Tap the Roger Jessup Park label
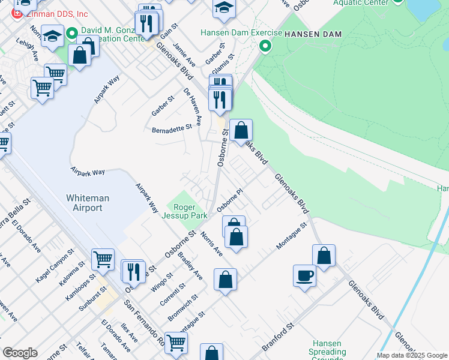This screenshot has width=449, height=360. coord(185,211)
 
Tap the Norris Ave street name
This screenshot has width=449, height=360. coord(212,244)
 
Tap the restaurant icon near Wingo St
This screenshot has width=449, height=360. coord(133,271)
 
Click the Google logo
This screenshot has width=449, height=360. coord(20,353)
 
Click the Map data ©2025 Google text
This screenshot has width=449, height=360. coord(412,355)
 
